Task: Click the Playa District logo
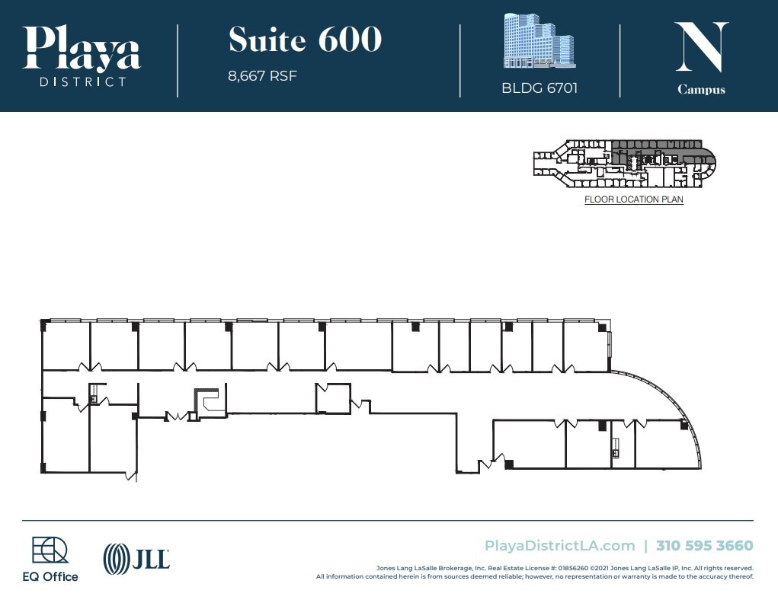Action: [82, 55]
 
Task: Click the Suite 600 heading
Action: [305, 40]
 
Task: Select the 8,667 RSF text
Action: [262, 76]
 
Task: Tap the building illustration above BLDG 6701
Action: [539, 42]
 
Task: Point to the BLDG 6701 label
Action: [539, 88]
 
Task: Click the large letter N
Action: [701, 47]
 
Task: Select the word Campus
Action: [701, 90]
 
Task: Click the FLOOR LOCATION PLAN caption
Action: [633, 199]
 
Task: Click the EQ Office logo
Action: [50, 560]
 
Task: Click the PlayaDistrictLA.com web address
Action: [559, 545]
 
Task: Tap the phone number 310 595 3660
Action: [704, 545]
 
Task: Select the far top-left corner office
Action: [66, 346]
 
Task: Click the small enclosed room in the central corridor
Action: [333, 398]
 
